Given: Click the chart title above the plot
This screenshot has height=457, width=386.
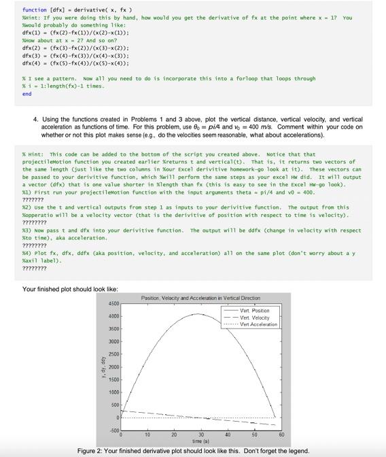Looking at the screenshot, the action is [200, 299].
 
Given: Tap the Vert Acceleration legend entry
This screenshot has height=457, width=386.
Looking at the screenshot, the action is [259, 324].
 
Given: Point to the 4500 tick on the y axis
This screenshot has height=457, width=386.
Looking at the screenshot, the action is [113, 303].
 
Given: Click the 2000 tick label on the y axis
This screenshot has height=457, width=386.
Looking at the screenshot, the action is [113, 367].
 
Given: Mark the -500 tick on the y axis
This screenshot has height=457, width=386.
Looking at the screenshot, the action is [113, 430].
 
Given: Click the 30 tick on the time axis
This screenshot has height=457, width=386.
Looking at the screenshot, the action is [200, 435].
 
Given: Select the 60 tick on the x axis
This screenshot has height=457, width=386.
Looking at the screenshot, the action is [280, 435].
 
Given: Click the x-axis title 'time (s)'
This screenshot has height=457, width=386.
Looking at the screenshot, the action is [200, 440].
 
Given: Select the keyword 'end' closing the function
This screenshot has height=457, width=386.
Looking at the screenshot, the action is [27, 95].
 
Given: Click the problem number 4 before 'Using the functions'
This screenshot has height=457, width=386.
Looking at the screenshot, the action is [36, 119].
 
